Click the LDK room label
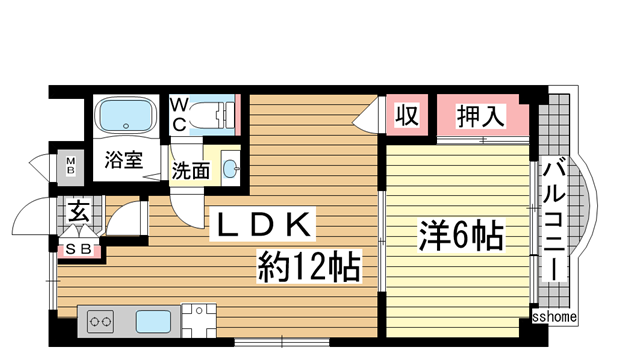coord(262,225)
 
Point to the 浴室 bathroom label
coord(125,159)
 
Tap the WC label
coord(176,114)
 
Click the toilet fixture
coord(212,115)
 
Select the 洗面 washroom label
coord(190,170)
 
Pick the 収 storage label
coord(406,116)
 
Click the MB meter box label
coord(71,164)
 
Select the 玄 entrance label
coord(78,211)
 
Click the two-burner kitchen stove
coord(102,322)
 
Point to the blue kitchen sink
coord(153,322)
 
